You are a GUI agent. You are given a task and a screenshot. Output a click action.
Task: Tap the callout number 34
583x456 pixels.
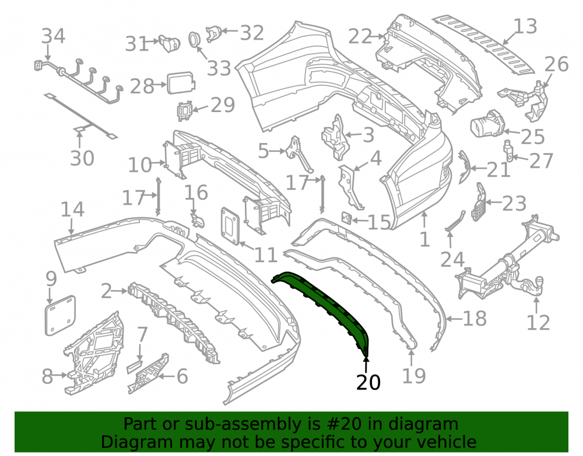(53, 36)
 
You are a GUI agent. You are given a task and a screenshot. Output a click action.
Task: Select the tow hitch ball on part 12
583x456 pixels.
(538, 281)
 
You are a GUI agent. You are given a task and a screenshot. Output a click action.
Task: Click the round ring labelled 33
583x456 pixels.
(194, 39)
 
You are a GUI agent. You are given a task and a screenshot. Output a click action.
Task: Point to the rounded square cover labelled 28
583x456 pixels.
(181, 83)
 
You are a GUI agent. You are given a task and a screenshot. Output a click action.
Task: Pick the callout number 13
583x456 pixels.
(525, 26)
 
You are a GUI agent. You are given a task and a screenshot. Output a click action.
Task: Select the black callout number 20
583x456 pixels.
(368, 382)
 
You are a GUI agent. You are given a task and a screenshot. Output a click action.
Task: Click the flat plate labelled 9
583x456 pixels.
(60, 315)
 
